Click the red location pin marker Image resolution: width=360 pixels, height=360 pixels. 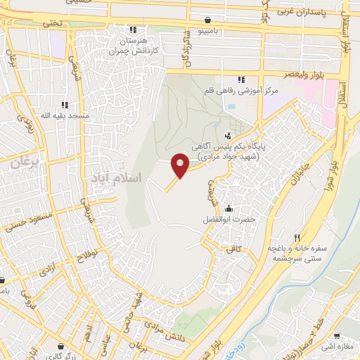(180, 165)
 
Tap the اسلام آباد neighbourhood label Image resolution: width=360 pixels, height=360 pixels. (115, 179)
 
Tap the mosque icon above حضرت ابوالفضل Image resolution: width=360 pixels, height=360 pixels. (228, 208)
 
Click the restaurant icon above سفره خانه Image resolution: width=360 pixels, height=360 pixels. (297, 238)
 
